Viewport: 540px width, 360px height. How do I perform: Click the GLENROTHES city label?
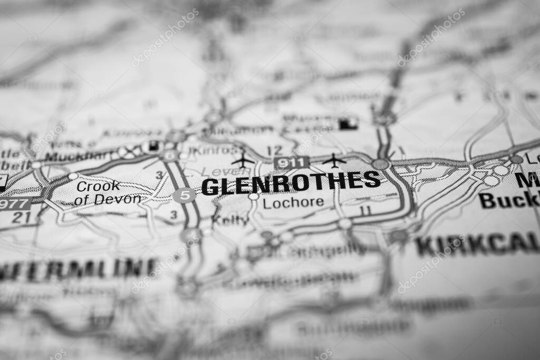coord(291,182)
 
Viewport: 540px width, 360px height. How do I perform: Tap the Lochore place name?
coord(293,203)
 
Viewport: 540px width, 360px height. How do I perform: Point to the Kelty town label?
coord(230,220)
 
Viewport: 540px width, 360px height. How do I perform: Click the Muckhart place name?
coord(79,155)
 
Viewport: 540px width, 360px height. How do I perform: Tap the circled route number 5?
coord(184,196)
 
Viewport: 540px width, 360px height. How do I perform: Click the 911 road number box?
coord(291,163)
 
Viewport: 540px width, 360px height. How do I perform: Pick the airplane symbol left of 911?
coord(243,160)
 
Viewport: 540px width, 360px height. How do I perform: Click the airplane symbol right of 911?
coord(334,159)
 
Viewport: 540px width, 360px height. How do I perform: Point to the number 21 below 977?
coord(20,217)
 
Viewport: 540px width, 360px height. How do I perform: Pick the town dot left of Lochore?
coord(254,197)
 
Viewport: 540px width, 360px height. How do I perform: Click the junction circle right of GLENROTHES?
coord(380,164)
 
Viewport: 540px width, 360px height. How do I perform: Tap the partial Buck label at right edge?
coord(509,200)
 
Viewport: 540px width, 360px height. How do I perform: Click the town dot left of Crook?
coord(73,176)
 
